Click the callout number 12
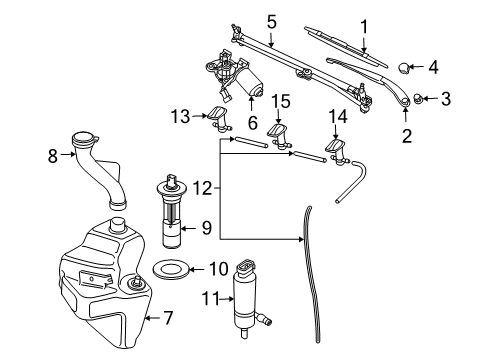coord(204,187)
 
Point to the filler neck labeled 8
coord(105,170)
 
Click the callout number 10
coord(218,268)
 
